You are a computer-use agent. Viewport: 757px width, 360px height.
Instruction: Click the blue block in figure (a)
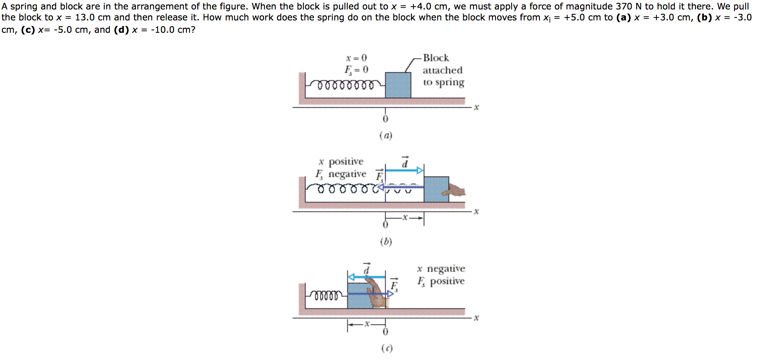coord(398,85)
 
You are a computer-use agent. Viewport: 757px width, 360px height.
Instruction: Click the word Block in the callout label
coord(436,58)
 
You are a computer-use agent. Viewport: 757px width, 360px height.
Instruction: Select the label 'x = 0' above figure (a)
coord(356,58)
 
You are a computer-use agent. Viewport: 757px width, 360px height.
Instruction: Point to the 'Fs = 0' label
coord(356,69)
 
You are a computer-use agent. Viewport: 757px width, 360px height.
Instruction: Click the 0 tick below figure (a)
coord(385,119)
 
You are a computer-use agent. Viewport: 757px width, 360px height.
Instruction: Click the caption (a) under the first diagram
coord(386,136)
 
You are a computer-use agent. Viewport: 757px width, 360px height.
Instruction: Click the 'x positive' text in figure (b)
coord(341,161)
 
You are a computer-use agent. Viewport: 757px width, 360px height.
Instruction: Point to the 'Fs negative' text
coord(341,174)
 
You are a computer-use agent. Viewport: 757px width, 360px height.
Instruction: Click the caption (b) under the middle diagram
coord(386,242)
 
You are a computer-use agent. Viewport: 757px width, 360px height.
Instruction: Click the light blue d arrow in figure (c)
coord(366,277)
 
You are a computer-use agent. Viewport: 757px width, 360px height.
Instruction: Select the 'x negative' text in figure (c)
coord(441,269)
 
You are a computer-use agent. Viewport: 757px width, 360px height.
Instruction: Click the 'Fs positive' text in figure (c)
coord(441,281)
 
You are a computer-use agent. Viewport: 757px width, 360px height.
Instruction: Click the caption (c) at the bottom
coord(387,348)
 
